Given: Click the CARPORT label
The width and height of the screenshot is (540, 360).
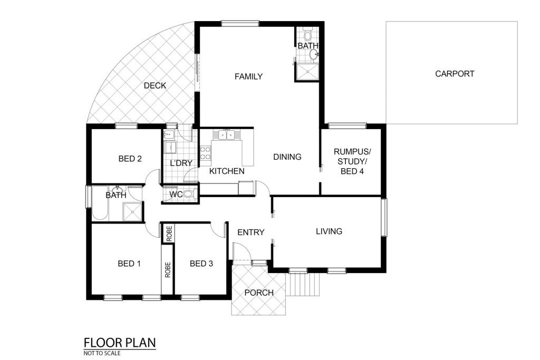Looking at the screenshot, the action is click(x=455, y=74).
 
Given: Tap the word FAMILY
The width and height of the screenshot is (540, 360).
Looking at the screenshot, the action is click(x=249, y=76).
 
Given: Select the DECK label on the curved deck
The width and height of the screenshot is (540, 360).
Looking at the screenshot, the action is click(x=155, y=85).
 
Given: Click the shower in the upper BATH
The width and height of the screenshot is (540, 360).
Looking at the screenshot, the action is click(x=307, y=73).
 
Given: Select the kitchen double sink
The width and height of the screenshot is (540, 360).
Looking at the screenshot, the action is click(x=226, y=134).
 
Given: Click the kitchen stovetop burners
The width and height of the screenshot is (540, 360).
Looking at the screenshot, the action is click(x=206, y=153).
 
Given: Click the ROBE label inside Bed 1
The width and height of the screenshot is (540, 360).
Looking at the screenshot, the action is click(x=168, y=270).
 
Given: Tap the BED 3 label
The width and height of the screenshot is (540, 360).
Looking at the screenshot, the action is click(x=201, y=264).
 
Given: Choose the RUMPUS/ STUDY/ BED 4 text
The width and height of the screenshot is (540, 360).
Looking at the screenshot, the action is click(x=352, y=161).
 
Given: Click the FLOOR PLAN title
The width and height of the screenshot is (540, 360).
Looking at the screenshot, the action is click(x=120, y=343).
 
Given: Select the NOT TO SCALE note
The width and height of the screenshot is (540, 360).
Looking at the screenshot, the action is click(x=102, y=353).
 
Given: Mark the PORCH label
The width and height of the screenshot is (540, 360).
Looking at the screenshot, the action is click(x=259, y=293).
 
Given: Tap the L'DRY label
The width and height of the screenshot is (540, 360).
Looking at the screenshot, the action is click(x=181, y=163).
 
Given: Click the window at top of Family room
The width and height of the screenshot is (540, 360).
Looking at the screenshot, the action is click(x=240, y=23).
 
